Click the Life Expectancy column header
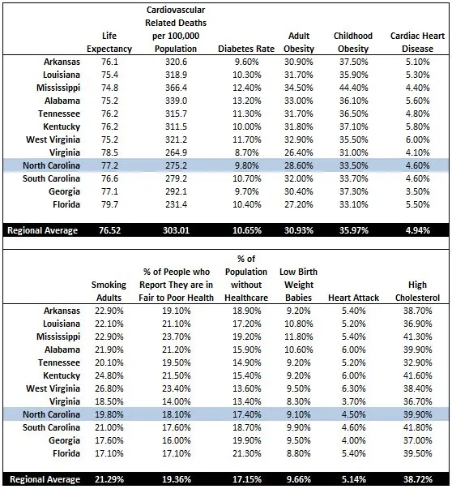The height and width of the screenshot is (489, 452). click(104, 42)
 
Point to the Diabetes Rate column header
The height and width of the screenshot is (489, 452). click(246, 49)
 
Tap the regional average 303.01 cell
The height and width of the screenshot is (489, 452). click(177, 230)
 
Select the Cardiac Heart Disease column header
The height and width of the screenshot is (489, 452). click(418, 42)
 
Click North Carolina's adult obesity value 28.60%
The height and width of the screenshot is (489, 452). click(300, 165)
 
